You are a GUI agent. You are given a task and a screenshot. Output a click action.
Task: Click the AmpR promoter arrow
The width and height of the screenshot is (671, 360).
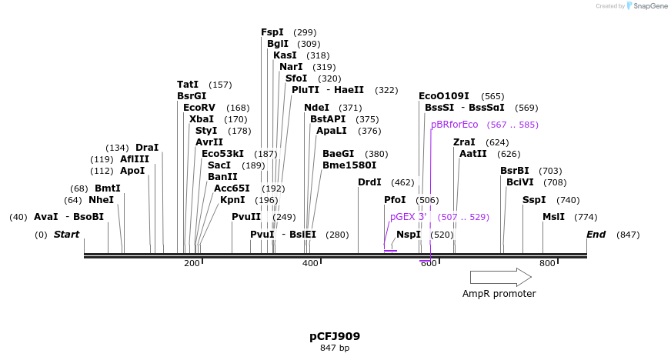(x=500, y=277)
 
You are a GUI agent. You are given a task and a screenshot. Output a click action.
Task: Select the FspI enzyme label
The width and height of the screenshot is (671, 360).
(x=272, y=32)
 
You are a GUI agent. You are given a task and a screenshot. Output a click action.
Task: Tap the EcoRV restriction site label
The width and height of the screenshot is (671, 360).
(x=199, y=108)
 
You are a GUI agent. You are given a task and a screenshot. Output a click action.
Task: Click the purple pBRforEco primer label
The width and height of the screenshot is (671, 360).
(x=455, y=125)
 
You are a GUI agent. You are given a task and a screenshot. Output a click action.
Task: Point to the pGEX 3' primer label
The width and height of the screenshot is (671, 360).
(x=409, y=217)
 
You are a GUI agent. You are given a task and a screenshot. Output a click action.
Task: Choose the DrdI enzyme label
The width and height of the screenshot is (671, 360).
(x=369, y=182)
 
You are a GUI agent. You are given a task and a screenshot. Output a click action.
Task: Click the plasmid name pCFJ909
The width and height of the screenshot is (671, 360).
(x=335, y=336)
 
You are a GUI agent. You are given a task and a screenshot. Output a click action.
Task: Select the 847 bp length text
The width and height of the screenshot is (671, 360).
(x=335, y=348)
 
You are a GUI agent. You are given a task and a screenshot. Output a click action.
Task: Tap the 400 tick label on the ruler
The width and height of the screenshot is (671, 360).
(x=310, y=264)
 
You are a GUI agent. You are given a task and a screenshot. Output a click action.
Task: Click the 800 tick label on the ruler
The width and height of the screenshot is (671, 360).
(x=547, y=264)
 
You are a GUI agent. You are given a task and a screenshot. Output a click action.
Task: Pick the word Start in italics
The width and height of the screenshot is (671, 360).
(x=66, y=235)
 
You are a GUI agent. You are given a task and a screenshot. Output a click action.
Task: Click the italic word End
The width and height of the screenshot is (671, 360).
(x=596, y=235)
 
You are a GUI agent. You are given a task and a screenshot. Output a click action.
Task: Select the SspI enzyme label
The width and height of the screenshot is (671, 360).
(x=534, y=200)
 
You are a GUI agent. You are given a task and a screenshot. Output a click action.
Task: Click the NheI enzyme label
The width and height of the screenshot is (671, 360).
(x=102, y=200)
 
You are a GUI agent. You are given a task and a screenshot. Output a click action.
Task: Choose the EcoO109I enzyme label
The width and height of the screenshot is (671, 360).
(x=444, y=96)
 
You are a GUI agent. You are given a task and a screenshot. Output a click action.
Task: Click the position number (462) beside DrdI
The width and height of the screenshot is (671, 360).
(x=402, y=182)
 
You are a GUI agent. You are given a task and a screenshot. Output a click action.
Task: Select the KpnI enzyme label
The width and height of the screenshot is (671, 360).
(x=232, y=200)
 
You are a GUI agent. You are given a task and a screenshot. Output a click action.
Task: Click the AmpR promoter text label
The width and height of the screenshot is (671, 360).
(x=499, y=294)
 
